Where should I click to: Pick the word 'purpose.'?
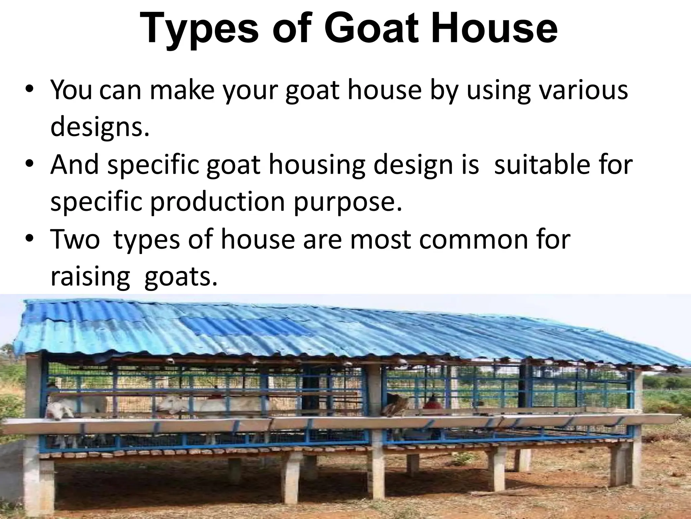tap(348, 202)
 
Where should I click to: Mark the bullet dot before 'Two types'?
tap(30, 239)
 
